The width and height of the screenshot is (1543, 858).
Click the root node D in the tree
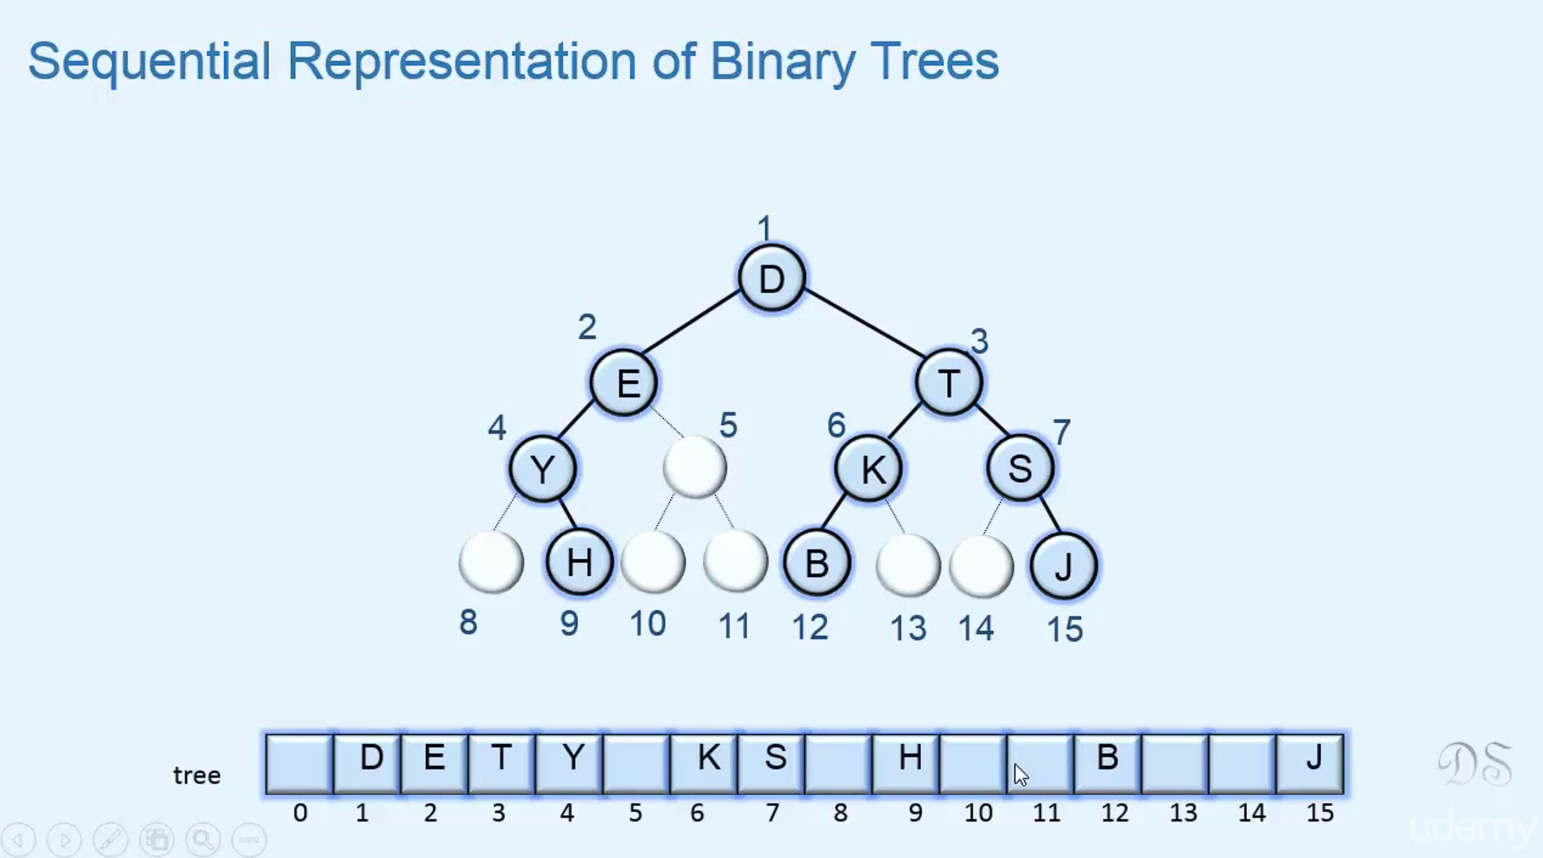[771, 278]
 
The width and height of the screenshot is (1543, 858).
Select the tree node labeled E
[624, 382]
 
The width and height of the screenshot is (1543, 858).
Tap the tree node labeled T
[949, 382]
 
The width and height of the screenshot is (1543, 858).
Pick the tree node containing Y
[542, 468]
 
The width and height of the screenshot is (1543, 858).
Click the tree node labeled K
[869, 468]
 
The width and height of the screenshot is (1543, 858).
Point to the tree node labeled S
[1020, 468]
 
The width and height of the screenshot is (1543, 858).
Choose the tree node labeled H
[579, 561]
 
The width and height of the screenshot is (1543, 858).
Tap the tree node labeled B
[817, 562]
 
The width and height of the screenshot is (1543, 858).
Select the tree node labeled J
[1064, 566]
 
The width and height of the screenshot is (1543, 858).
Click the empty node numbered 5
[695, 467]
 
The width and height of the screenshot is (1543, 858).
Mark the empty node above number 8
[491, 561]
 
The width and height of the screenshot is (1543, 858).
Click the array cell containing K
[704, 763]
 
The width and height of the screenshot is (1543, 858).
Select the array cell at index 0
[299, 763]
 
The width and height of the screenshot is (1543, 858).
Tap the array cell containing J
[1310, 763]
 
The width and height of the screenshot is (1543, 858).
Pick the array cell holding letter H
[907, 763]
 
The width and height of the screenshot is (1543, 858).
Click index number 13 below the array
[1183, 813]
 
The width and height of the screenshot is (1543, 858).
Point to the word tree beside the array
[197, 775]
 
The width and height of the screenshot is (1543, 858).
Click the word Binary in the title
[782, 61]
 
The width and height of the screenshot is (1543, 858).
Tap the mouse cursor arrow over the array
[1020, 775]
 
